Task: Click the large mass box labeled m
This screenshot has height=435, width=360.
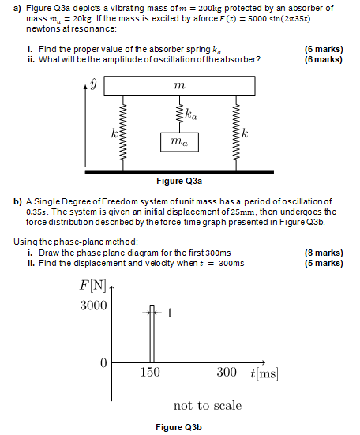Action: click(x=178, y=84)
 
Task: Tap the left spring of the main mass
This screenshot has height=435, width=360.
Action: click(x=123, y=132)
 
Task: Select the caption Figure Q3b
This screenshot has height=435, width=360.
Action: click(x=178, y=427)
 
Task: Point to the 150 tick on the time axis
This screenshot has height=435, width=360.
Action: click(x=150, y=373)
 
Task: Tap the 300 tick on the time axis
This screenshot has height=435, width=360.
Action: click(x=227, y=373)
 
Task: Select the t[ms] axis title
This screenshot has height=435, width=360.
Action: click(x=263, y=373)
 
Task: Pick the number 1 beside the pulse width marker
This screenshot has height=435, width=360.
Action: click(x=169, y=313)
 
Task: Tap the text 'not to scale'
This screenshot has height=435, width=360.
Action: click(x=208, y=405)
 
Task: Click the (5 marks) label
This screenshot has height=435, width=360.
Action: click(x=324, y=264)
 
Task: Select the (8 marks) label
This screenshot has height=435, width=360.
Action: click(x=324, y=253)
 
